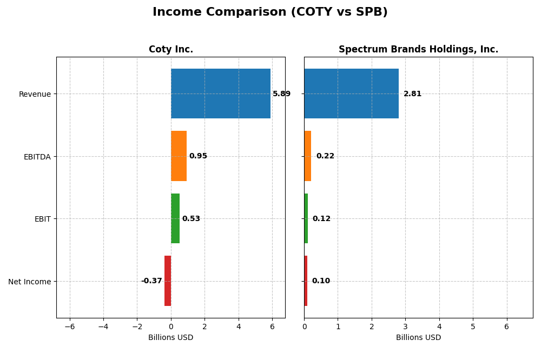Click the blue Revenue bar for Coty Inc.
[221, 94]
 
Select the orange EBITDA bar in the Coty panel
[179, 156]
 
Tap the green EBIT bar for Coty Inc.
[175, 218]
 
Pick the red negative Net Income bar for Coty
[168, 281]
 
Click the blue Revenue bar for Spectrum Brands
[351, 94]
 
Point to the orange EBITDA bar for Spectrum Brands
[308, 156]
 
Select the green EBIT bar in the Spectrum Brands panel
[306, 218]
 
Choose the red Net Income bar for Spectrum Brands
[306, 281]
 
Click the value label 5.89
[281, 94]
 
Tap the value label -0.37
[151, 281]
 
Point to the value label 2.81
[412, 94]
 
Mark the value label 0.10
[321, 281]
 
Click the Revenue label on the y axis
[35, 94]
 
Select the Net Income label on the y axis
[29, 282]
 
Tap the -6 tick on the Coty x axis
[70, 326]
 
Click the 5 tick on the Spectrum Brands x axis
[473, 326]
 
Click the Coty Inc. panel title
[171, 50]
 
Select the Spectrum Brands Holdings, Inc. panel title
[418, 50]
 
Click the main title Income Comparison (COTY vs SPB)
[270, 12]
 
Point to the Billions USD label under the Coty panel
[171, 338]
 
